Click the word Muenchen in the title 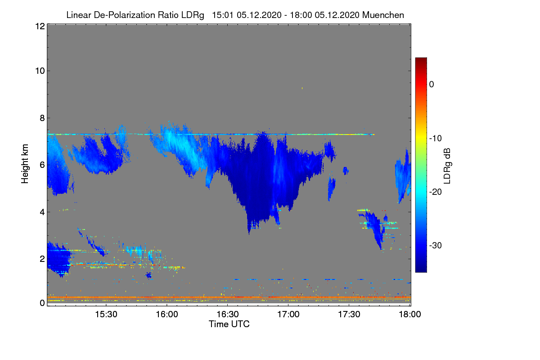pos(383,15)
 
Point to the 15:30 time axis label pos(106,314)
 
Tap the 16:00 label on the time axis pos(167,314)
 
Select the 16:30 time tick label pos(228,314)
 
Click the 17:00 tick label pos(288,314)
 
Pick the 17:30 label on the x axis pos(349,314)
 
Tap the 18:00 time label pos(410,314)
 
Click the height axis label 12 pos(40,26)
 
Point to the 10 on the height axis pos(40,71)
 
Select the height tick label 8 pos(42,118)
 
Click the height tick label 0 pos(42,303)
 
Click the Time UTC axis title pos(229,324)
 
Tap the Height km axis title pos(25,164)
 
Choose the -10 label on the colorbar pos(436,139)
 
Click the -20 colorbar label pos(436,192)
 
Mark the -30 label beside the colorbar pos(436,245)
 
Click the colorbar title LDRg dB pos(448,166)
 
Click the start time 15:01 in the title pos(222,15)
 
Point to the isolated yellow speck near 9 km pos(302,88)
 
